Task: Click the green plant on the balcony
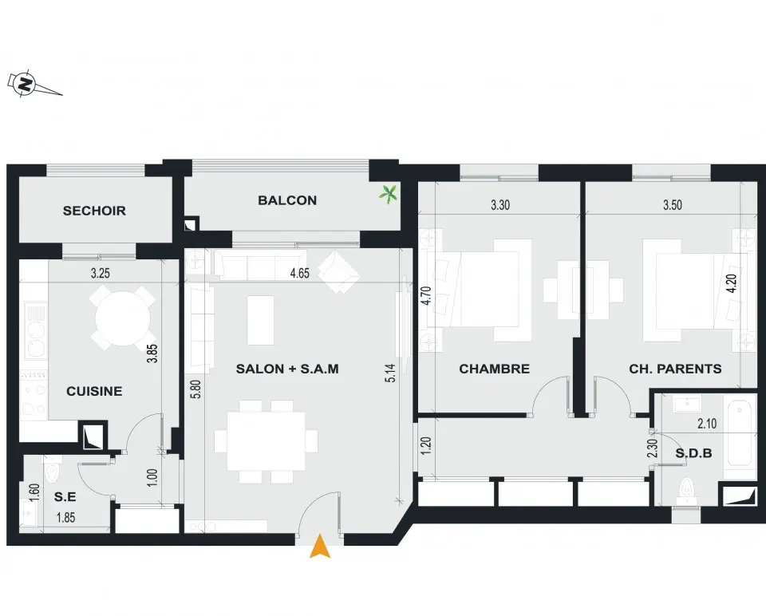click(389, 195)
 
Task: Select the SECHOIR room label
click(94, 211)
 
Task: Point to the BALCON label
click(287, 200)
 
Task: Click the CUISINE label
click(94, 391)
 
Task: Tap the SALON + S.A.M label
click(287, 369)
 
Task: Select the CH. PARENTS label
click(675, 369)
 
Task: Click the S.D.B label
click(693, 453)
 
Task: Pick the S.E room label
click(65, 497)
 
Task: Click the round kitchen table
click(123, 319)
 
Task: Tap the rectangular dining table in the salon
click(267, 441)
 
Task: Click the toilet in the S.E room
click(51, 470)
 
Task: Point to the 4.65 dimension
click(299, 273)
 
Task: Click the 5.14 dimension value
click(390, 373)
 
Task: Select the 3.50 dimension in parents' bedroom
click(672, 205)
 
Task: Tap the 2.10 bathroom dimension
click(707, 424)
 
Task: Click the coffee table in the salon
click(261, 321)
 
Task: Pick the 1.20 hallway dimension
click(425, 447)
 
